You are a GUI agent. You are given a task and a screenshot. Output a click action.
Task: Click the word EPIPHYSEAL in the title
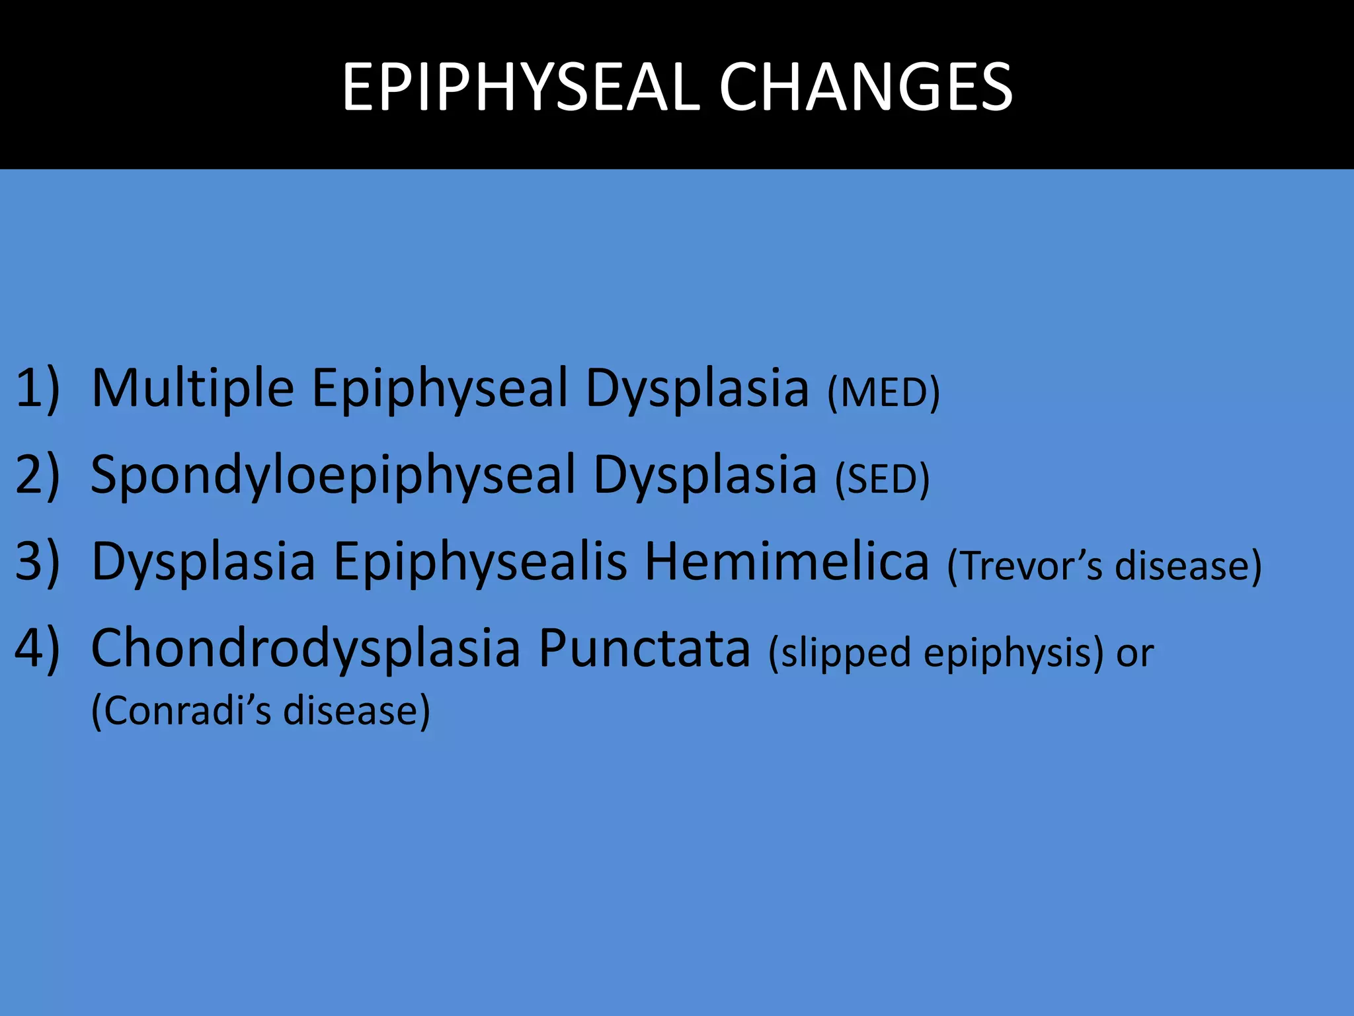tap(520, 87)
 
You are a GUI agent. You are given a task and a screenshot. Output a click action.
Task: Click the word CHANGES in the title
tap(865, 87)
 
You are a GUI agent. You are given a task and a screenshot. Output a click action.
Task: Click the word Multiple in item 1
tap(192, 388)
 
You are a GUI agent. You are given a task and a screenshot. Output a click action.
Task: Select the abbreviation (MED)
tap(883, 393)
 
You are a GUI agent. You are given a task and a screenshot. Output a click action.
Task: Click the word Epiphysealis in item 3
tap(480, 563)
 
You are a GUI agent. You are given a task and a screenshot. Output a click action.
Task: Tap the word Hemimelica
tap(787, 562)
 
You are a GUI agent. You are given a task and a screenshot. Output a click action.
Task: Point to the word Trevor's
tap(1025, 566)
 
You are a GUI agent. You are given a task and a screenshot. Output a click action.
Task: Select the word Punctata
tap(645, 648)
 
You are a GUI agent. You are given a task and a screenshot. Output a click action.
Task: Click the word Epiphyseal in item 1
tap(440, 390)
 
